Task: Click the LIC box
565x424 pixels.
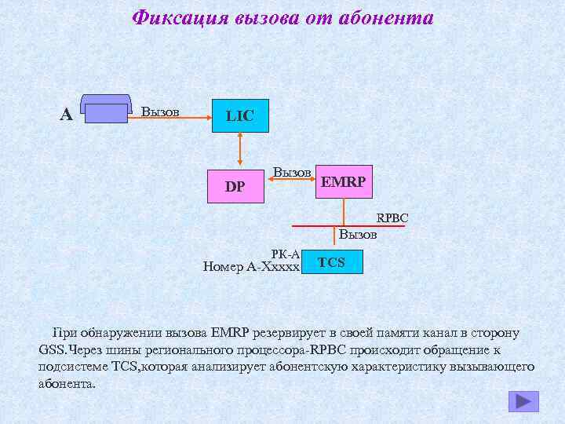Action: pyautogui.click(x=240, y=115)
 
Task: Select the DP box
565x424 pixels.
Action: pyautogui.click(x=235, y=186)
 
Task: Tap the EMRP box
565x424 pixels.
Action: pyautogui.click(x=344, y=181)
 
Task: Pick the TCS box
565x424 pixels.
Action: pyautogui.click(x=332, y=262)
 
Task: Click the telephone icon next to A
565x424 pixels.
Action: pyautogui.click(x=106, y=111)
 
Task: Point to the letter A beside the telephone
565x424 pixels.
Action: pyautogui.click(x=67, y=115)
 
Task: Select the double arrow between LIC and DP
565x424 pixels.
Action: pyautogui.click(x=240, y=150)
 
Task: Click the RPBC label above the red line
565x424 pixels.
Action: pyautogui.click(x=392, y=217)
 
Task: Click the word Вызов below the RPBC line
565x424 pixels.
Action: pyautogui.click(x=358, y=235)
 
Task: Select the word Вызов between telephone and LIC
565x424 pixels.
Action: pyautogui.click(x=160, y=111)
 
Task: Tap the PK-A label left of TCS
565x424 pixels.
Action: pyautogui.click(x=285, y=254)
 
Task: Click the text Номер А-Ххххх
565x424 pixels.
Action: pyautogui.click(x=251, y=266)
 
